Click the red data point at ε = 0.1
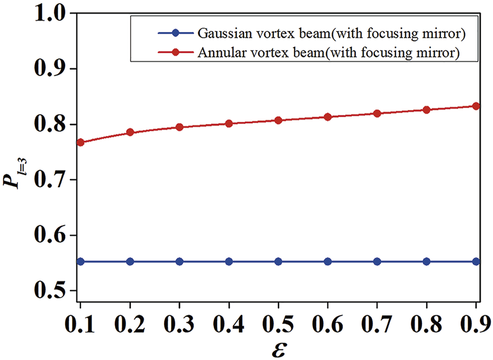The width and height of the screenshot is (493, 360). click(80, 142)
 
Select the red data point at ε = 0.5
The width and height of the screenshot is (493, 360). click(278, 120)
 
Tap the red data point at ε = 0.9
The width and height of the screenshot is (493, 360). click(476, 106)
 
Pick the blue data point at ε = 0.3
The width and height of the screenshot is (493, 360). click(179, 261)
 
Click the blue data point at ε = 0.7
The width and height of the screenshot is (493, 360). click(377, 261)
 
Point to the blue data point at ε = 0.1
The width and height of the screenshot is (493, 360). click(80, 261)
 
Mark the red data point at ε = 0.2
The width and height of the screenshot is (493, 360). click(130, 132)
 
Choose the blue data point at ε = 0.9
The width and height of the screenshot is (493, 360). click(476, 261)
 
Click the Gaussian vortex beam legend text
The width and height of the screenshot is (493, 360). click(332, 34)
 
